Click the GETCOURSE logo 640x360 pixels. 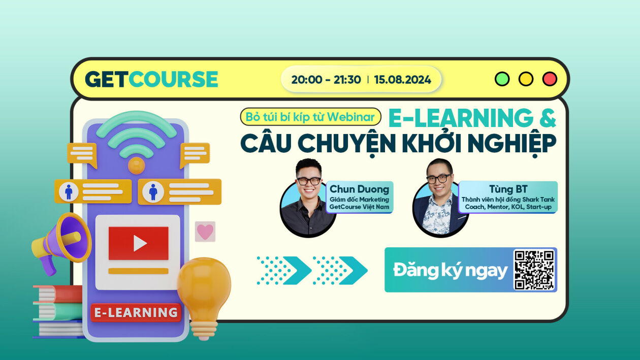click(x=151, y=79)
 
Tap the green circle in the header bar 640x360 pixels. click(x=502, y=79)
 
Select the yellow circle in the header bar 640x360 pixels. click(x=526, y=79)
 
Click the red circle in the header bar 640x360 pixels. click(x=550, y=79)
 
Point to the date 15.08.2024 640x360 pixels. click(x=402, y=80)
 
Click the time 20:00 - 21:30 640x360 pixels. click(x=326, y=80)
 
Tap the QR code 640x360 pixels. click(x=534, y=270)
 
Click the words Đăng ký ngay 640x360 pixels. click(x=450, y=271)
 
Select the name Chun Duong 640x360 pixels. click(x=359, y=189)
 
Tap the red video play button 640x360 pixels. click(x=138, y=243)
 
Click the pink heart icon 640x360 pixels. click(x=205, y=232)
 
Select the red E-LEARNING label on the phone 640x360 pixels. click(x=136, y=313)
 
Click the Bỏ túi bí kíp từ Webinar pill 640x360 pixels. click(x=310, y=117)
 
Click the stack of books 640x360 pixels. click(x=57, y=311)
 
